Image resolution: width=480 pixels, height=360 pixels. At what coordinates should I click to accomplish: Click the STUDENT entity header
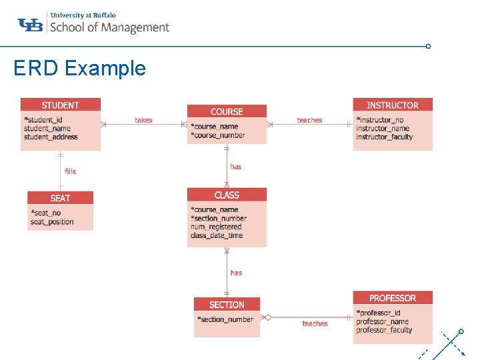[60, 105]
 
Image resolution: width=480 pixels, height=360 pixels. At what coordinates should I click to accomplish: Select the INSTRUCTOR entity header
[392, 105]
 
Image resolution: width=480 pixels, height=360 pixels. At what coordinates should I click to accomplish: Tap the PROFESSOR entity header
[392, 298]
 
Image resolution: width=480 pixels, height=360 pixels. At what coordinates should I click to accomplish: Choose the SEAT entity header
[60, 198]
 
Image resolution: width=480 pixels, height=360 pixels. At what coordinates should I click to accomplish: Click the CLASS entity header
[227, 195]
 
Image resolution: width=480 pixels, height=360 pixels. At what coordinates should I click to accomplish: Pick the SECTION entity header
[227, 305]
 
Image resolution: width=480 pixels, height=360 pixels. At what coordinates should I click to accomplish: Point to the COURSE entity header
[227, 111]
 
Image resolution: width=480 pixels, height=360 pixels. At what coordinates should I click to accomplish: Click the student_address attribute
[51, 137]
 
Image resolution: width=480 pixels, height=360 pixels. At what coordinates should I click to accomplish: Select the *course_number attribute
[218, 135]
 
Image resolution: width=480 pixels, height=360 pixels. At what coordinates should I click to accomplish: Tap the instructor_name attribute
[383, 129]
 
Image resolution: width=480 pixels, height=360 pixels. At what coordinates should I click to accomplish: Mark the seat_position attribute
[52, 222]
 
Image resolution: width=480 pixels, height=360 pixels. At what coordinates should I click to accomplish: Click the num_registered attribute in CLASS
[216, 227]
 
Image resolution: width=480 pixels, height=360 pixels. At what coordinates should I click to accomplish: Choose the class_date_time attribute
[217, 235]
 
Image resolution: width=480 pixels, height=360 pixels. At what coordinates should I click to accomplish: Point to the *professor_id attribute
[378, 313]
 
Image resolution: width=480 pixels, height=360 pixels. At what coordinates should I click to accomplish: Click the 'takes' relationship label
[143, 120]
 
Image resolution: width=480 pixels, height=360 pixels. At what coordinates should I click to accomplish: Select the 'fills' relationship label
[70, 171]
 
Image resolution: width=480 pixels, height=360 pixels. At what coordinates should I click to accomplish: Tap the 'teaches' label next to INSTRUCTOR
[309, 120]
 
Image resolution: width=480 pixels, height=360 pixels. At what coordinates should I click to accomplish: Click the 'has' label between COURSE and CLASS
[236, 167]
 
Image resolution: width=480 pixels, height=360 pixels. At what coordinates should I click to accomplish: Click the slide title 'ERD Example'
[79, 68]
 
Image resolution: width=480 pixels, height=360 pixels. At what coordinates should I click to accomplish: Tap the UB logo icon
[31, 25]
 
